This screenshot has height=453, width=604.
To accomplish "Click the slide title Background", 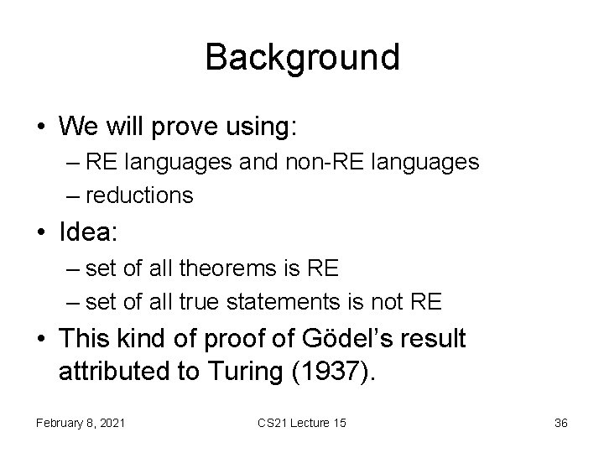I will [302, 57].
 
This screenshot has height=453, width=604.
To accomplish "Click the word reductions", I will [139, 195].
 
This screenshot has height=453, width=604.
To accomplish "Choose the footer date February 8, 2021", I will [81, 423].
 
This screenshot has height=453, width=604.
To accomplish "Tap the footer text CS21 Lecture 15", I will [302, 423].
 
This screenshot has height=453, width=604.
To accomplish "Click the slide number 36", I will [560, 423].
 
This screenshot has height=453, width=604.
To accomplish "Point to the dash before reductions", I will [73, 195].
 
